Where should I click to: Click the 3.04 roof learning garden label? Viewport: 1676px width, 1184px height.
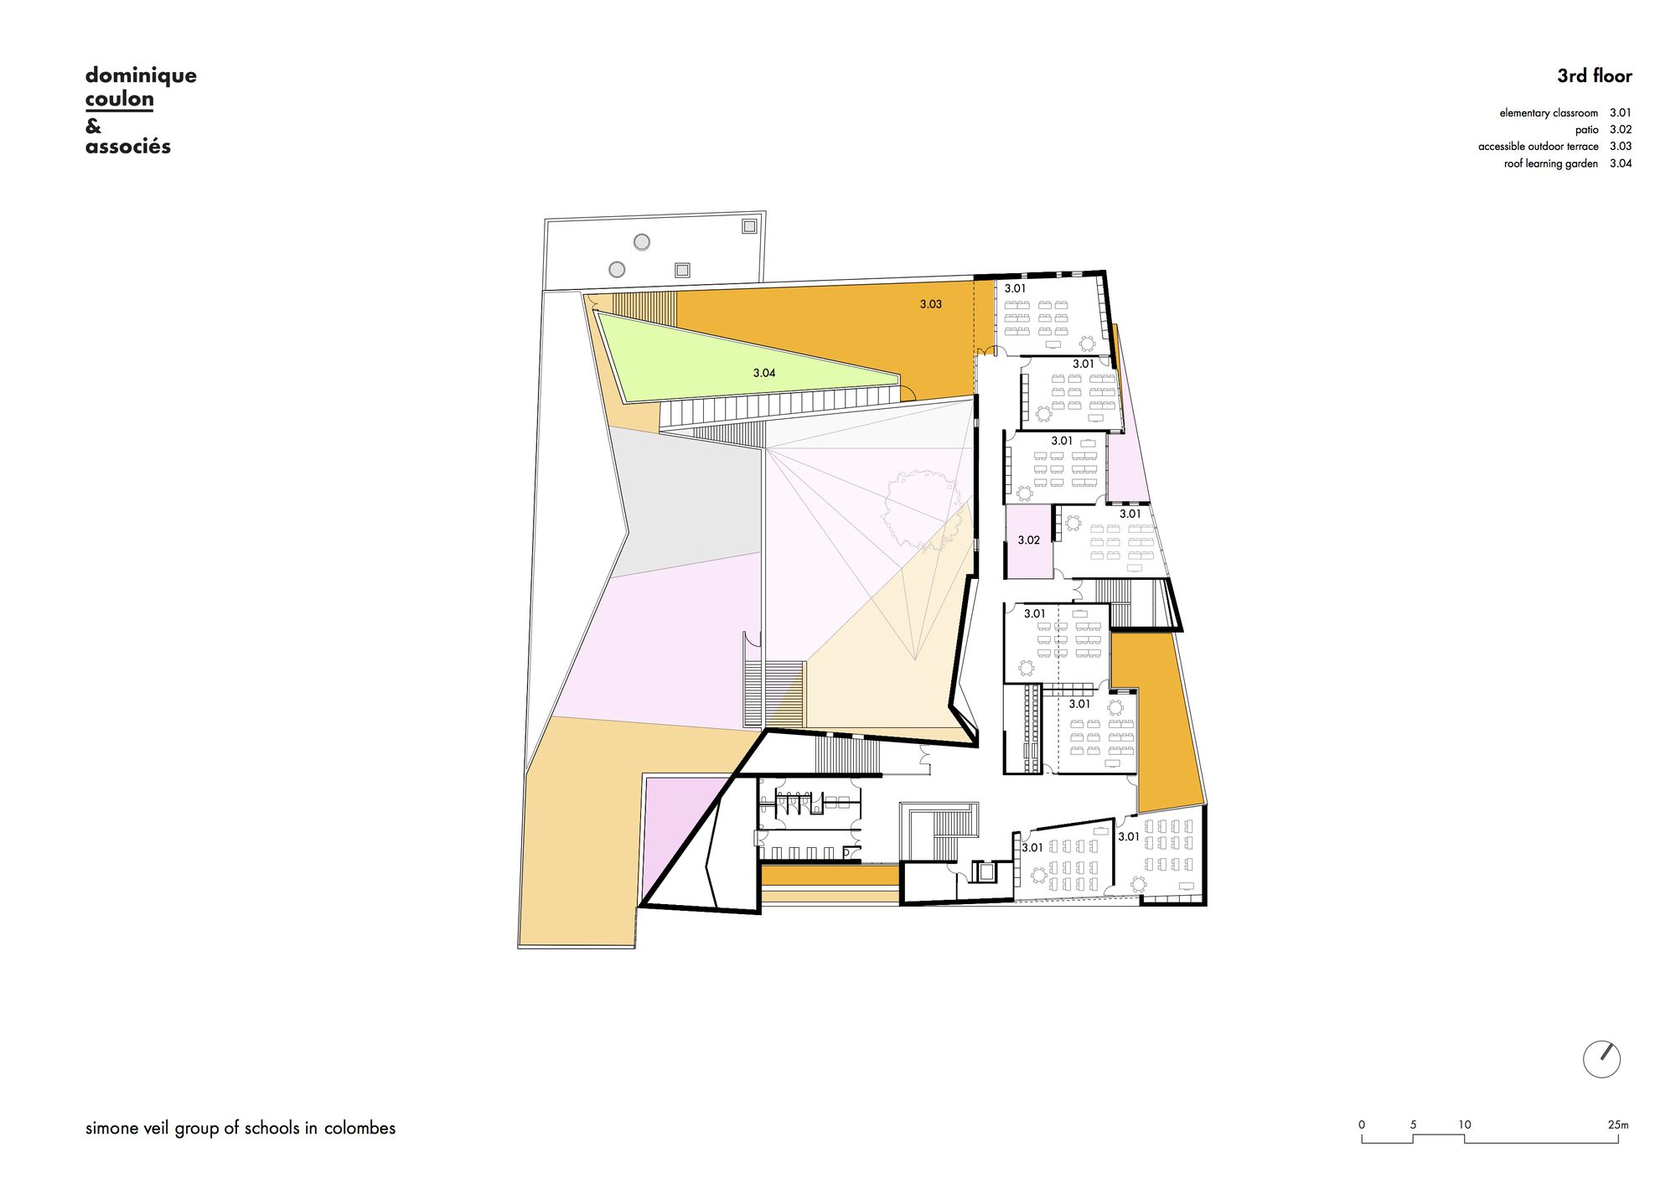click(764, 373)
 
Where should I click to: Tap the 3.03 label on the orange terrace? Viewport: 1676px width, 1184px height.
click(931, 304)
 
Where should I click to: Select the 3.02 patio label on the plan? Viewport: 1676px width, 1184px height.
click(1029, 540)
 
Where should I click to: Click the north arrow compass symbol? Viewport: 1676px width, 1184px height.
click(1601, 1059)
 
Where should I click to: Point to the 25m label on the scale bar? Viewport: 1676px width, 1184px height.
click(1618, 1125)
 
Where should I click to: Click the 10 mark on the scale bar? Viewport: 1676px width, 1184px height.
click(1464, 1125)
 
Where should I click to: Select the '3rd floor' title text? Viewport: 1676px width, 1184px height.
click(1595, 75)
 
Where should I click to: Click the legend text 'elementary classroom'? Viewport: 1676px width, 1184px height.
click(1549, 113)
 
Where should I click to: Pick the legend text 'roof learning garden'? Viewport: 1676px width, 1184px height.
click(1551, 163)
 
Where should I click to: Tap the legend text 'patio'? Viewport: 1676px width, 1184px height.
click(1586, 130)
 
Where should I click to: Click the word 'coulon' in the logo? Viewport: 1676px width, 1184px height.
click(120, 99)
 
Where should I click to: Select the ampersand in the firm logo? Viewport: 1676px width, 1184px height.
click(93, 126)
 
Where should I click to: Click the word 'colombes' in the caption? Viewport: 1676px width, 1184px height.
click(360, 1128)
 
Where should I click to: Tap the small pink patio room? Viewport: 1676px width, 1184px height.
click(1029, 541)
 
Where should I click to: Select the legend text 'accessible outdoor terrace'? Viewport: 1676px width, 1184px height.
click(1539, 147)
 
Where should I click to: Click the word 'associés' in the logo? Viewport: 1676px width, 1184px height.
click(128, 147)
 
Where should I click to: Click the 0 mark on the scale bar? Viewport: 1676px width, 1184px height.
click(1362, 1125)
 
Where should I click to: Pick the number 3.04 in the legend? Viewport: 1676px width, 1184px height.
click(1621, 163)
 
